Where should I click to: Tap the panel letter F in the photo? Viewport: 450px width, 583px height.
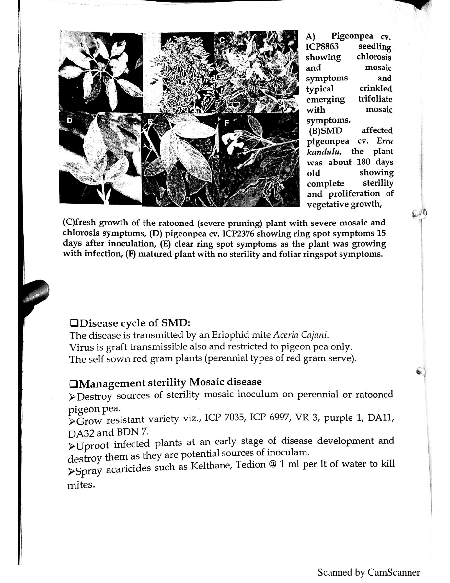[x=227, y=123]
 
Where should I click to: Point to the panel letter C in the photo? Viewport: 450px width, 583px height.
[x=222, y=40]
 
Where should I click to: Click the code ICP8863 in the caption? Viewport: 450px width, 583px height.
[x=322, y=46]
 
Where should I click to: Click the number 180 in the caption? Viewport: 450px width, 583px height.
[x=363, y=162]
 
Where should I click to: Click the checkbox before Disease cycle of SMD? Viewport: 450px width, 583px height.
[x=74, y=323]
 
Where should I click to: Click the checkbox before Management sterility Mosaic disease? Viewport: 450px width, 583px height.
[x=74, y=384]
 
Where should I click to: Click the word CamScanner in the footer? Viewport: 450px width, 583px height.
[x=393, y=572]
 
